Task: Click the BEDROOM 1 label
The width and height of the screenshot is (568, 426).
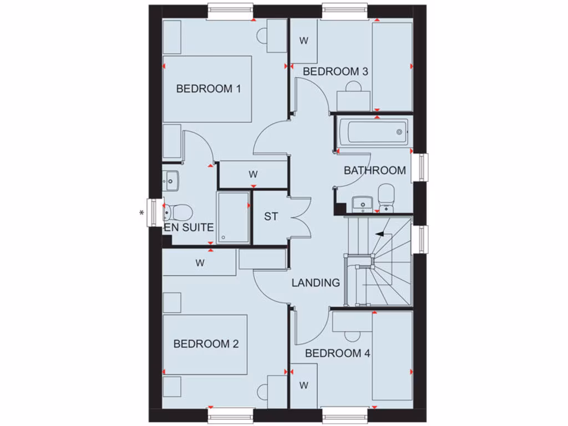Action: click(208, 88)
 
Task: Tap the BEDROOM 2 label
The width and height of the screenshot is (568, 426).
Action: click(206, 344)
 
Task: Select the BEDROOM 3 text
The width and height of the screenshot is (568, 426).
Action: click(335, 72)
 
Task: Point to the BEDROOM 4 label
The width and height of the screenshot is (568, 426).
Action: click(337, 353)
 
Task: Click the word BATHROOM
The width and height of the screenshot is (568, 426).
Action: click(374, 170)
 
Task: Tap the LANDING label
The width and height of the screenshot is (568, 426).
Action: click(316, 282)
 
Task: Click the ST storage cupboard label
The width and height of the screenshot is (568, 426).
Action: click(271, 216)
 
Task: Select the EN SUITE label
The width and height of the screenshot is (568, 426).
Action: click(189, 227)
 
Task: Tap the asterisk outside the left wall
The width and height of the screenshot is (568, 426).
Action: click(141, 212)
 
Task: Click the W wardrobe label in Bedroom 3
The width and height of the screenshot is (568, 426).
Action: click(303, 40)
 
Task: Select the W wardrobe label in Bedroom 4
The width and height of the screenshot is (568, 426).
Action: click(303, 384)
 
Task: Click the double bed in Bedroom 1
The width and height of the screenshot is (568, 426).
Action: click(207, 88)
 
